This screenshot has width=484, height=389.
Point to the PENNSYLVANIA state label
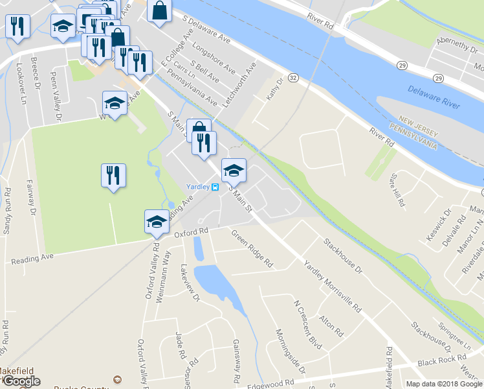tap(413, 134)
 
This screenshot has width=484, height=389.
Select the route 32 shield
tap(294, 78)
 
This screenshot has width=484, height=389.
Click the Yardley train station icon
tap(215, 187)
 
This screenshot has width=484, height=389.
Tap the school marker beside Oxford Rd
tap(156, 221)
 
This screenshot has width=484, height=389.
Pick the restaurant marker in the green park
tap(113, 175)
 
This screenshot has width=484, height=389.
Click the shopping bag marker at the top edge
tap(159, 10)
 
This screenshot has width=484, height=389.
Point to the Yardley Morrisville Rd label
tap(332, 286)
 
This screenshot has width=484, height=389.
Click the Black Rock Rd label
tap(443, 358)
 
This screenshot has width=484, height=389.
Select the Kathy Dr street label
tap(276, 89)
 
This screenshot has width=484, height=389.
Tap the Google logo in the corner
tap(21, 381)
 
